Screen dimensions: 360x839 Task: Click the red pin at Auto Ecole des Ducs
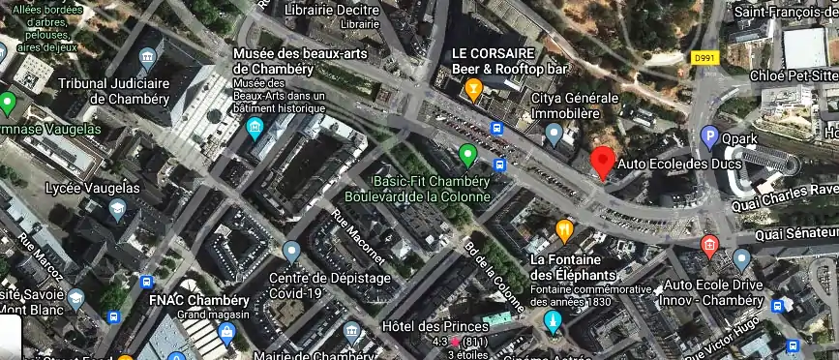pyautogui.click(x=603, y=162)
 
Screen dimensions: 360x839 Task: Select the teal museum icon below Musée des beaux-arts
pyautogui.click(x=255, y=128)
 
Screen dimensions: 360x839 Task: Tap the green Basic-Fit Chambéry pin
pyautogui.click(x=468, y=153)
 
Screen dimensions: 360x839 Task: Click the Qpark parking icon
pyautogui.click(x=710, y=137)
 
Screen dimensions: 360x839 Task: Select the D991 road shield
pyautogui.click(x=706, y=58)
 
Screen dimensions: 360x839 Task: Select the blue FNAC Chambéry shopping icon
pyautogui.click(x=227, y=334)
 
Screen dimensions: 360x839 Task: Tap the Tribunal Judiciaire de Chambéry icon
pyautogui.click(x=148, y=57)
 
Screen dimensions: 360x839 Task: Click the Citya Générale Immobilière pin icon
pyautogui.click(x=554, y=135)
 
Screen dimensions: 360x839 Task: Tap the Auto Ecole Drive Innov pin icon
pyautogui.click(x=741, y=259)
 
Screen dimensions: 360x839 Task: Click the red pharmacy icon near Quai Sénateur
pyautogui.click(x=709, y=244)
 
